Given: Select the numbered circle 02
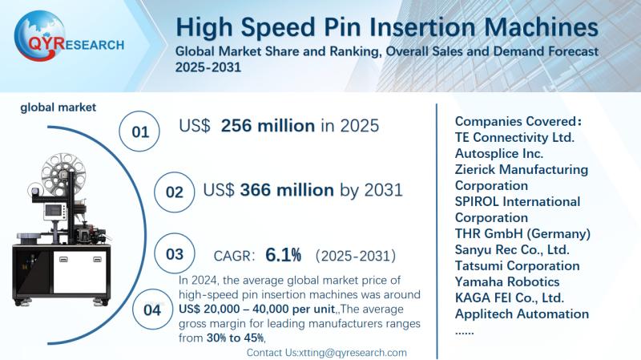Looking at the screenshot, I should [175, 192].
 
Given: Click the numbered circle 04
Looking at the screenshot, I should [151, 309].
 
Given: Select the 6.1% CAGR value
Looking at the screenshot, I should [284, 255].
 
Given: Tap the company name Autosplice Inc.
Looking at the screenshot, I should [499, 153].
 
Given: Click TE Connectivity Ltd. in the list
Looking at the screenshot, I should [515, 137].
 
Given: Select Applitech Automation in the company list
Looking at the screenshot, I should [522, 313].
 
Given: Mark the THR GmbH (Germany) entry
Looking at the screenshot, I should [522, 233].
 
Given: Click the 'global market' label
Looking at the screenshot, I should [58, 107].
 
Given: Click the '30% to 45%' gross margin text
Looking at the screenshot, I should [226, 338].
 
